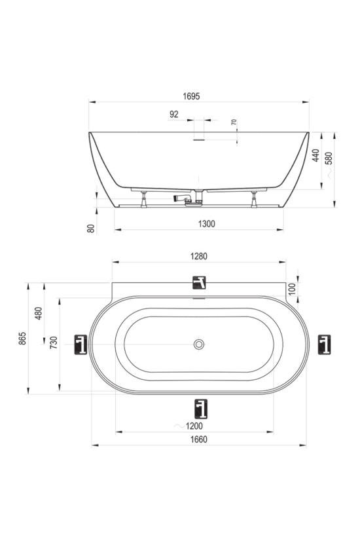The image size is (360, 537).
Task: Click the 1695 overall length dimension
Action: [x=191, y=96]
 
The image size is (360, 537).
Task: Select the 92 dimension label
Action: [x=174, y=114]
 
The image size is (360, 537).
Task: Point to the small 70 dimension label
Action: [x=234, y=122]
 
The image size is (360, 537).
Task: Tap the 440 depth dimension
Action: [x=316, y=155]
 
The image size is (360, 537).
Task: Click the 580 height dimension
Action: [x=329, y=158]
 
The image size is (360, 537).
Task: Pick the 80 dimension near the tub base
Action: [x=91, y=229]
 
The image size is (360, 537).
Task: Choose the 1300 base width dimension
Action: [x=207, y=224]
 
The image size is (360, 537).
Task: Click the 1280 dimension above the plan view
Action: [x=199, y=256]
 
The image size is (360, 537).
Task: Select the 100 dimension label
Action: [x=292, y=289]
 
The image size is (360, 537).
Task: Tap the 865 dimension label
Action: [x=23, y=339]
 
